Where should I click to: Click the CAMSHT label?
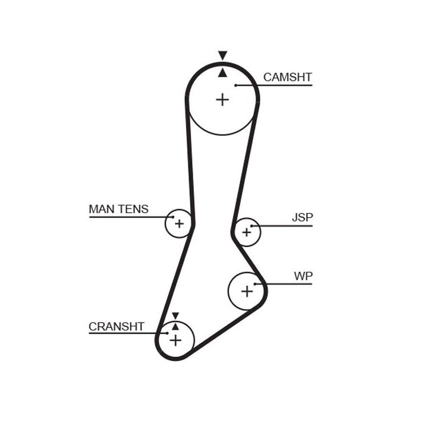point(287,77)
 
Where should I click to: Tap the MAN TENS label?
point(118,209)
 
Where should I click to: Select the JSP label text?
point(302,217)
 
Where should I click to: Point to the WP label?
point(303,276)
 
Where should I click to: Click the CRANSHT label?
point(116,327)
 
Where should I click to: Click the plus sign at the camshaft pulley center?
point(222,100)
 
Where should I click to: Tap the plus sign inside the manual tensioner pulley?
point(179,224)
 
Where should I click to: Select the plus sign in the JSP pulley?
point(246,233)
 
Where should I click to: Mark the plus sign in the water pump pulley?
point(247,290)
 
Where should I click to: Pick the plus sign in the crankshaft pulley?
point(175,340)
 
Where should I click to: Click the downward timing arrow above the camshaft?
point(222,55)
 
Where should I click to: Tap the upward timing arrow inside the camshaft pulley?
point(222,73)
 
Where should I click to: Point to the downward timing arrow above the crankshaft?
point(175,316)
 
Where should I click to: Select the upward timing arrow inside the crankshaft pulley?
point(175,326)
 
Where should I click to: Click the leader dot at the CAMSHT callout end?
point(236,85)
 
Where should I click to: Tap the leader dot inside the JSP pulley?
point(251,226)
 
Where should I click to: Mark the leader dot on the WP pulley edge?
point(265,285)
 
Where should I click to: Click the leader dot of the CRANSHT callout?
point(167,334)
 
